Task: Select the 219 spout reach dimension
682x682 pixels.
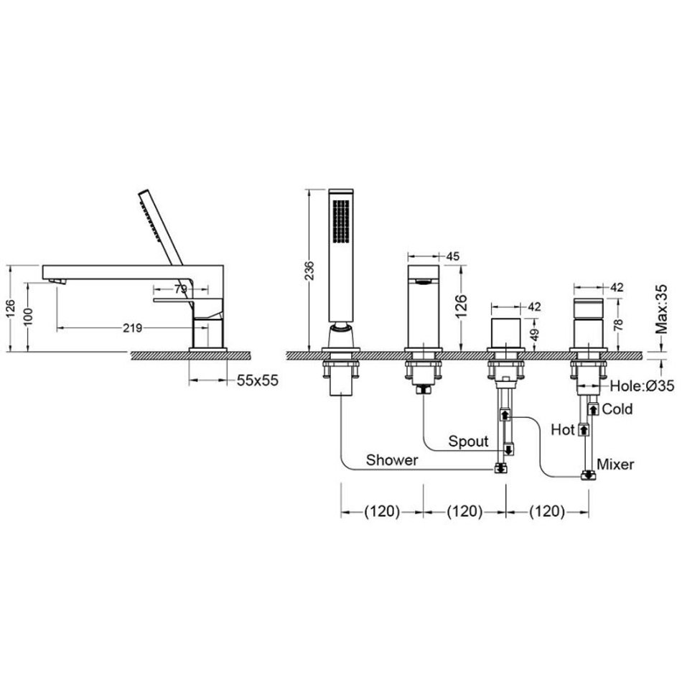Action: pyautogui.click(x=132, y=328)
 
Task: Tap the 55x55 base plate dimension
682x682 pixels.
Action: pyautogui.click(x=258, y=380)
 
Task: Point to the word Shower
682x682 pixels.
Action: pyautogui.click(x=392, y=460)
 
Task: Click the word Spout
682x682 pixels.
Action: pyautogui.click(x=469, y=442)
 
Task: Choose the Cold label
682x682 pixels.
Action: pyautogui.click(x=617, y=409)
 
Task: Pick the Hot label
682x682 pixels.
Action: pyautogui.click(x=563, y=430)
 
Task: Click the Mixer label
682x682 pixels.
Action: pyautogui.click(x=615, y=464)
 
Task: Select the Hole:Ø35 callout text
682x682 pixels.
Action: pyautogui.click(x=642, y=386)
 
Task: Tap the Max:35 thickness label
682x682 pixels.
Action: pyautogui.click(x=661, y=309)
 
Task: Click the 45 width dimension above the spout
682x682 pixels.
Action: pyautogui.click(x=453, y=256)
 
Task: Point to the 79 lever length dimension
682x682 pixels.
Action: pyautogui.click(x=180, y=289)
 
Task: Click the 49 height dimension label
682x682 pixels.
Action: pyautogui.click(x=535, y=334)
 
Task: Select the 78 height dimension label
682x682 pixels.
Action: pyautogui.click(x=618, y=324)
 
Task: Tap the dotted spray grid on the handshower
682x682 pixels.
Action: pyautogui.click(x=341, y=221)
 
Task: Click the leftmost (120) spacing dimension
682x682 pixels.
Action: pyautogui.click(x=382, y=511)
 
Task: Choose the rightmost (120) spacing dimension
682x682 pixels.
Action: pyautogui.click(x=547, y=511)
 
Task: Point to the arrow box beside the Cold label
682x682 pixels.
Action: pyautogui.click(x=593, y=409)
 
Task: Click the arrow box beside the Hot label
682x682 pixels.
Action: pyautogui.click(x=583, y=430)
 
